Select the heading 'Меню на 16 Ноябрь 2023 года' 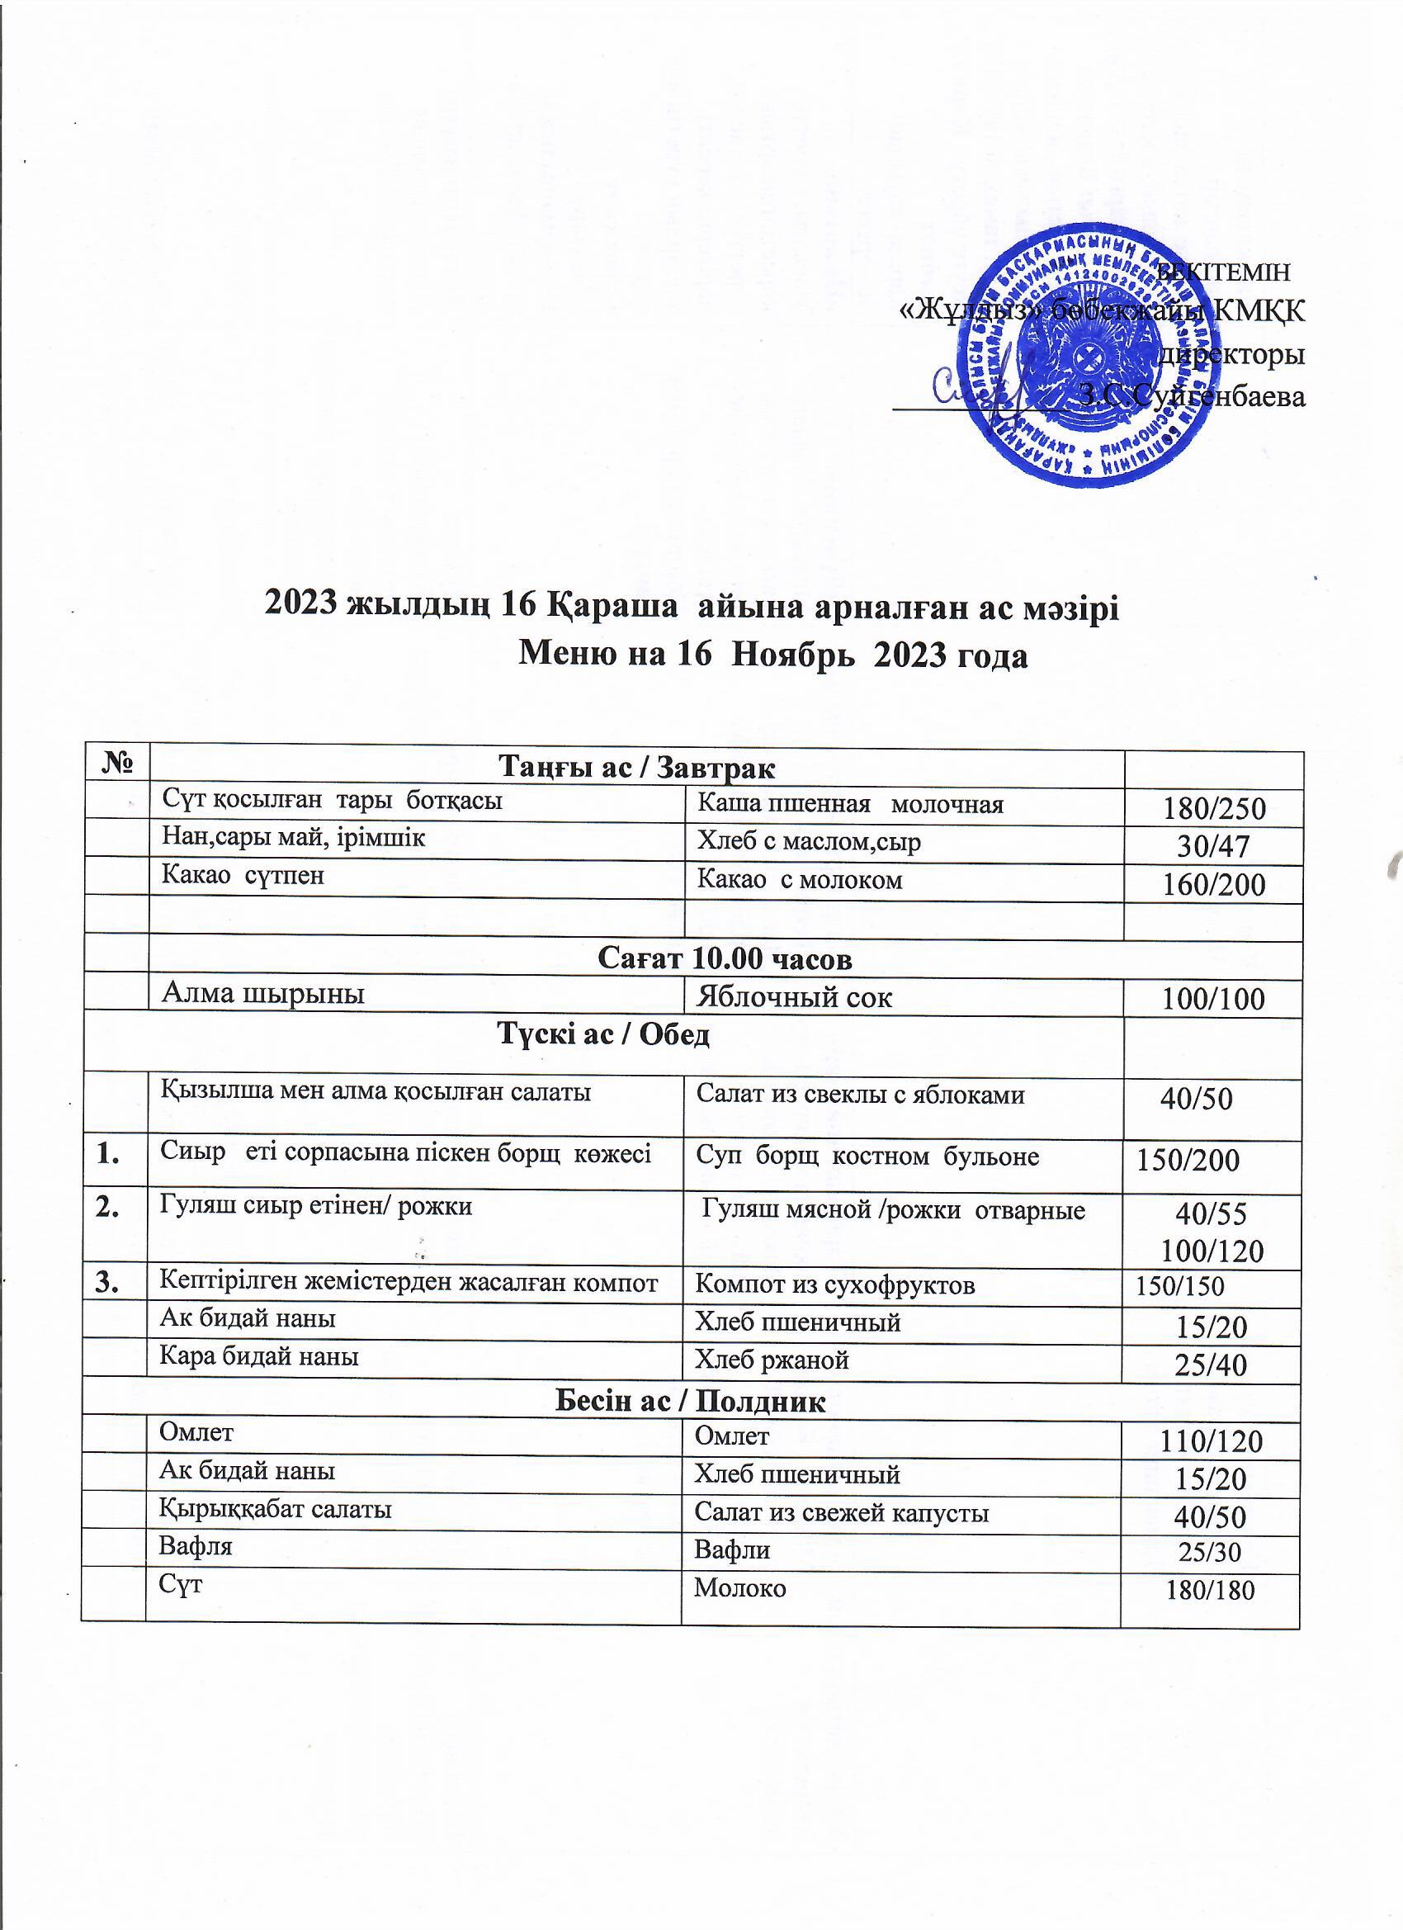click(x=773, y=655)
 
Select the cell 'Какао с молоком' click(x=799, y=880)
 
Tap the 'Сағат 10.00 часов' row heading click(x=725, y=959)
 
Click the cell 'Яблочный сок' click(x=794, y=997)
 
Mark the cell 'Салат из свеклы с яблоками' click(x=860, y=1095)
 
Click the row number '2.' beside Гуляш click(x=108, y=1209)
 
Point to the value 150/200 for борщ click(x=1188, y=1160)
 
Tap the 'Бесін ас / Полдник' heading click(x=690, y=1402)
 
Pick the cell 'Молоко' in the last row click(x=740, y=1588)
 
